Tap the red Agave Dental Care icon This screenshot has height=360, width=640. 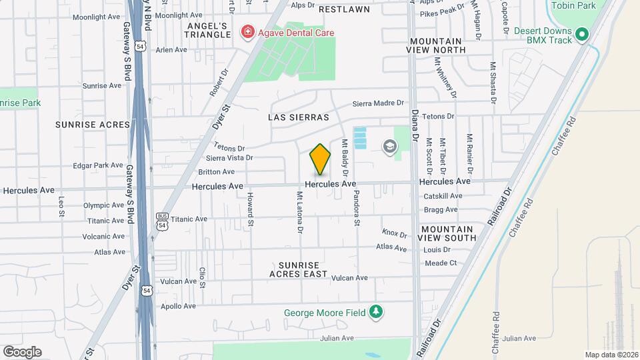click(249, 33)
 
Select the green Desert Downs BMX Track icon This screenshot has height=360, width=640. click(581, 33)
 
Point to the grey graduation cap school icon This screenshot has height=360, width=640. click(389, 146)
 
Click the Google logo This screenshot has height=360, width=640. click(22, 351)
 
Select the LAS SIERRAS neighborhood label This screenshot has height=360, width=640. click(299, 117)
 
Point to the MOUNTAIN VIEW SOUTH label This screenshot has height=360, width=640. click(448, 233)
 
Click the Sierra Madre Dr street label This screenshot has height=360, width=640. click(378, 103)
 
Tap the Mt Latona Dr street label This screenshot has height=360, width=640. click(301, 213)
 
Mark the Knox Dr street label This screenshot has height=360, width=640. click(394, 233)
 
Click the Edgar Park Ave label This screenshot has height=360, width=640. click(97, 165)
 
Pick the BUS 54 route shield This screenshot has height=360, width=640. click(162, 221)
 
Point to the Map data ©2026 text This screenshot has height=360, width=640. click(611, 355)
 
